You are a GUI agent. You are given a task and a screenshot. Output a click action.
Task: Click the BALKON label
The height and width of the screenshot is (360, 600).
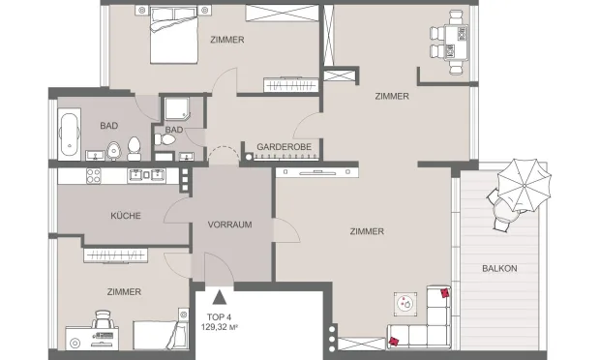pos(499,269)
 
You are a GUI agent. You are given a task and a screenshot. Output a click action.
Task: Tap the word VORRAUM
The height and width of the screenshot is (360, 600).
pos(229,225)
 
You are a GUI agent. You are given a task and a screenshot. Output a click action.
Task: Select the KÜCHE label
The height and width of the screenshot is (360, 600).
pos(126,216)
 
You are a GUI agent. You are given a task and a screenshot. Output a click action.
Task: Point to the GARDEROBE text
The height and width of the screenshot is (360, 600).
pos(284,147)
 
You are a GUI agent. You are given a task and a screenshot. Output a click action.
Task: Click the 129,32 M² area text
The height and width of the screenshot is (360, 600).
pos(220,327)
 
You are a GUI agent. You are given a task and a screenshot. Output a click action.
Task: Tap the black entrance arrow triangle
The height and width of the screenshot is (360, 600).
pos(220,297)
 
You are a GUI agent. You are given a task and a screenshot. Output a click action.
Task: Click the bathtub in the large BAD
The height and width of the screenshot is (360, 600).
pos(70,135)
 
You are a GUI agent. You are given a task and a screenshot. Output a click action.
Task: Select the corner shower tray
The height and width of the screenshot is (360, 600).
pos(177,108)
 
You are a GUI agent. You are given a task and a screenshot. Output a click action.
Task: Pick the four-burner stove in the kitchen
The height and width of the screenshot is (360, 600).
pos(93,176)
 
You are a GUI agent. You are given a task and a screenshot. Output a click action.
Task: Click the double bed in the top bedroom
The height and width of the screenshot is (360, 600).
pos(174,35)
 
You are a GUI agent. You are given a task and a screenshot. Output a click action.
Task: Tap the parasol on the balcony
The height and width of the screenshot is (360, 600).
pos(524,185)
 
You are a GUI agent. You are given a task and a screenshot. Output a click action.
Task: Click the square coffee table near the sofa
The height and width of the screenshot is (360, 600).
pos(405,304)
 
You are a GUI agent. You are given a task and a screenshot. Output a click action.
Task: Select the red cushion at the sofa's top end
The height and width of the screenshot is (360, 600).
pos(445,293)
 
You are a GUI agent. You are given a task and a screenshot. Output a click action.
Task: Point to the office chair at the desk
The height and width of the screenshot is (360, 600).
pos(104,319)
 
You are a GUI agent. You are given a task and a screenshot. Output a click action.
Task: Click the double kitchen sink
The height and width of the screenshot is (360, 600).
pos(146,175)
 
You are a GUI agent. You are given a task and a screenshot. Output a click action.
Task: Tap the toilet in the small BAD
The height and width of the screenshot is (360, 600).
pos(165,139)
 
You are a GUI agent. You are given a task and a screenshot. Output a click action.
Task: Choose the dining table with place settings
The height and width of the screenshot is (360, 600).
pos(456,43)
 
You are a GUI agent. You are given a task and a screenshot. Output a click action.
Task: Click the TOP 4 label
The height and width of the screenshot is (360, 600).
pos(219,317)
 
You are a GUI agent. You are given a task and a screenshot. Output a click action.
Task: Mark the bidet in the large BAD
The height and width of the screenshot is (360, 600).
pos(113,150)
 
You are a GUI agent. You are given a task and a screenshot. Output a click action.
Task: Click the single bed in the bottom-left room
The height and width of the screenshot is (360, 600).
pos(161,335)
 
